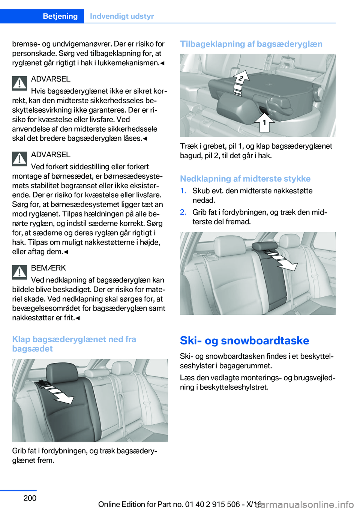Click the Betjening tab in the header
(x=60, y=16)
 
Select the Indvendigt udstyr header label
(x=122, y=16)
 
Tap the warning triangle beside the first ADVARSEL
(x=19, y=83)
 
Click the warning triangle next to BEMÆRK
(x=19, y=272)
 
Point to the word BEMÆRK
(x=48, y=268)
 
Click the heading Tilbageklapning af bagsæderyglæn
(x=251, y=44)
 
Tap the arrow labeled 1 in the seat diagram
(x=264, y=122)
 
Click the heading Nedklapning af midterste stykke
(x=245, y=179)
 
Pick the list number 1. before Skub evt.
(x=183, y=191)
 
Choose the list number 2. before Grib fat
(x=183, y=212)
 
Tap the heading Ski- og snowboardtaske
(x=244, y=340)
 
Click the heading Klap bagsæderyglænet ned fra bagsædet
(x=74, y=344)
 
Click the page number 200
(x=30, y=498)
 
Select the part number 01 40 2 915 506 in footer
(x=212, y=504)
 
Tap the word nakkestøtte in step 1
(x=292, y=191)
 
